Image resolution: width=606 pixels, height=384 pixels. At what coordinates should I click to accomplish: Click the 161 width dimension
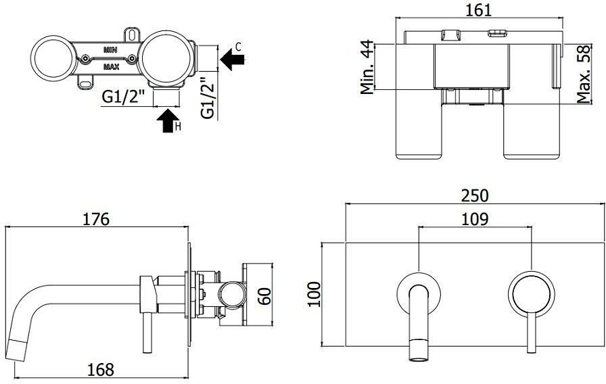[478, 10]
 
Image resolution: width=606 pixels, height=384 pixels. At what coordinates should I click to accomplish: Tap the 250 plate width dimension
[475, 195]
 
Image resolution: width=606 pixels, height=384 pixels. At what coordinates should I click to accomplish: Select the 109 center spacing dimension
[475, 219]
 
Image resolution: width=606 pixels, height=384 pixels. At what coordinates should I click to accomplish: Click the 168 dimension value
[100, 369]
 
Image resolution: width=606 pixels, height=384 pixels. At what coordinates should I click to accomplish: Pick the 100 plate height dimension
[312, 294]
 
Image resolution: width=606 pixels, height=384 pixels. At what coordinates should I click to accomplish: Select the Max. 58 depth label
[585, 73]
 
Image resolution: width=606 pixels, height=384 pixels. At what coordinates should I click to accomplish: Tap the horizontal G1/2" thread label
[124, 97]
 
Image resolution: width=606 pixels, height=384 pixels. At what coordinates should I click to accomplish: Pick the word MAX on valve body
[112, 67]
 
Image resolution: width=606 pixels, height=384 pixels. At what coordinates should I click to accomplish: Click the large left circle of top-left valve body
[54, 59]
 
